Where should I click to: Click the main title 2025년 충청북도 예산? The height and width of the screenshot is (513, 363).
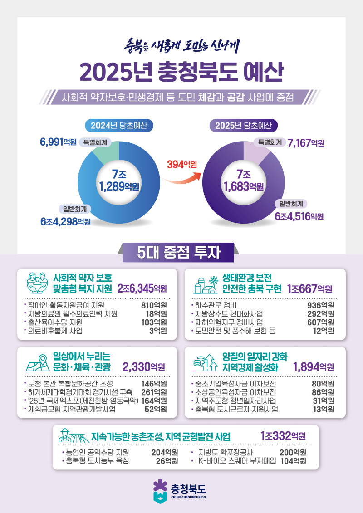point(181,72)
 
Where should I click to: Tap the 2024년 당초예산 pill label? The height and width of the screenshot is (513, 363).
point(119,126)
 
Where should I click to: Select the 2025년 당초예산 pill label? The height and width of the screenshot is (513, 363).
point(244,126)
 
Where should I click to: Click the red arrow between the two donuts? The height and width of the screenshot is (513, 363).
point(181,178)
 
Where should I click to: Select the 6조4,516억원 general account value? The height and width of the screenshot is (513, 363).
point(299,216)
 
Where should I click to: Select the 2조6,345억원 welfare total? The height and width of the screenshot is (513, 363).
point(142,289)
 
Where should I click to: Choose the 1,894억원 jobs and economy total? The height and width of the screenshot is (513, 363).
point(314,367)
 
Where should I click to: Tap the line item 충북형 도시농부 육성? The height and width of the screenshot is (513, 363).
point(98,461)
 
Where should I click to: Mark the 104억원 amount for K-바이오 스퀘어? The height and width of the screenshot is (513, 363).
point(293,461)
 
